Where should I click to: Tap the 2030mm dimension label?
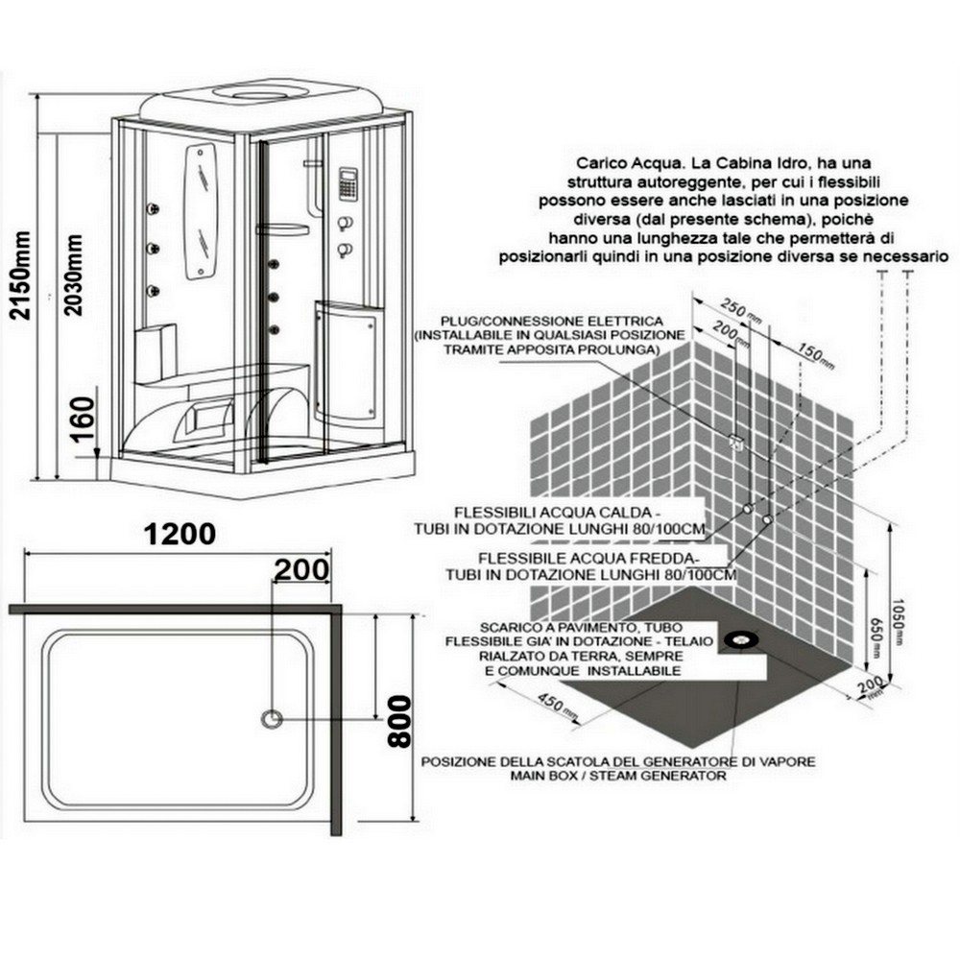click(73, 275)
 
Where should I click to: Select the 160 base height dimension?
click(84, 420)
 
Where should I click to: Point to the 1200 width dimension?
click(180, 534)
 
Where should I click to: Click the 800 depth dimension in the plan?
click(400, 721)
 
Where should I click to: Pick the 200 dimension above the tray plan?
click(301, 569)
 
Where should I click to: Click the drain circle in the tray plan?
click(272, 718)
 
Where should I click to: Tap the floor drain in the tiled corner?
click(742, 640)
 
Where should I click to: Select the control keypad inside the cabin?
click(348, 183)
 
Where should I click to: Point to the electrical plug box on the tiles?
click(736, 442)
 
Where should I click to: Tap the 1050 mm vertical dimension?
click(898, 621)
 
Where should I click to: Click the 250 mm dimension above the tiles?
click(740, 310)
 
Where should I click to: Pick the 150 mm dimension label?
click(816, 355)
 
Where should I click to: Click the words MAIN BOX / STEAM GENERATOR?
click(618, 776)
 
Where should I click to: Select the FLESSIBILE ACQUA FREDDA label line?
click(588, 559)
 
